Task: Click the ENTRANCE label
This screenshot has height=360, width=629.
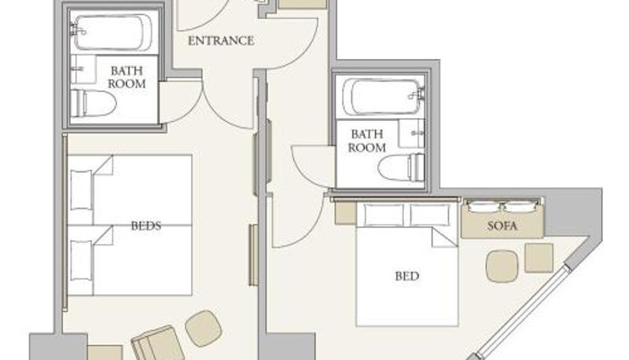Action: pos(221,41)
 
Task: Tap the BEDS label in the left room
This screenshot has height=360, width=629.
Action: pos(146,226)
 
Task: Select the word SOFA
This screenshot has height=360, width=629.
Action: pos(502,226)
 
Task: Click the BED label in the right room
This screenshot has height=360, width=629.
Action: pos(407,276)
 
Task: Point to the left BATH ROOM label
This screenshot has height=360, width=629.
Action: pos(127,77)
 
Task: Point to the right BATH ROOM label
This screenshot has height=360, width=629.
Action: pos(366,141)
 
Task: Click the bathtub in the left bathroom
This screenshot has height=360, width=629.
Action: pos(113,33)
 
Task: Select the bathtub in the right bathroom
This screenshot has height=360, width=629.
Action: pos(382,97)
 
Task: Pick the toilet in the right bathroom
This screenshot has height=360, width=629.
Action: pos(401,167)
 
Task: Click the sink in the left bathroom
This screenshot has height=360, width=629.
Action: pos(83,70)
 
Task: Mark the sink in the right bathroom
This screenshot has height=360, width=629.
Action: pos(411,134)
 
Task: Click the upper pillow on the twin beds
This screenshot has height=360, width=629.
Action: pos(82,190)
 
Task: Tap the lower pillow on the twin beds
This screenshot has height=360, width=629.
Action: pos(82,260)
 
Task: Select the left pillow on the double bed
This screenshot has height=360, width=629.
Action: pos(383,215)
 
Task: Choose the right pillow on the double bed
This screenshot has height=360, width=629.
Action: pos(429,215)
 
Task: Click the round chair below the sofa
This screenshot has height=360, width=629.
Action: pos(502,266)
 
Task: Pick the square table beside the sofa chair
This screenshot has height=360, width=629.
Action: pos(539,258)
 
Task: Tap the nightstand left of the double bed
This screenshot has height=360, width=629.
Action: pos(346,212)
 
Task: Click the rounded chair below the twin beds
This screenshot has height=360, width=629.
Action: pos(204,329)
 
